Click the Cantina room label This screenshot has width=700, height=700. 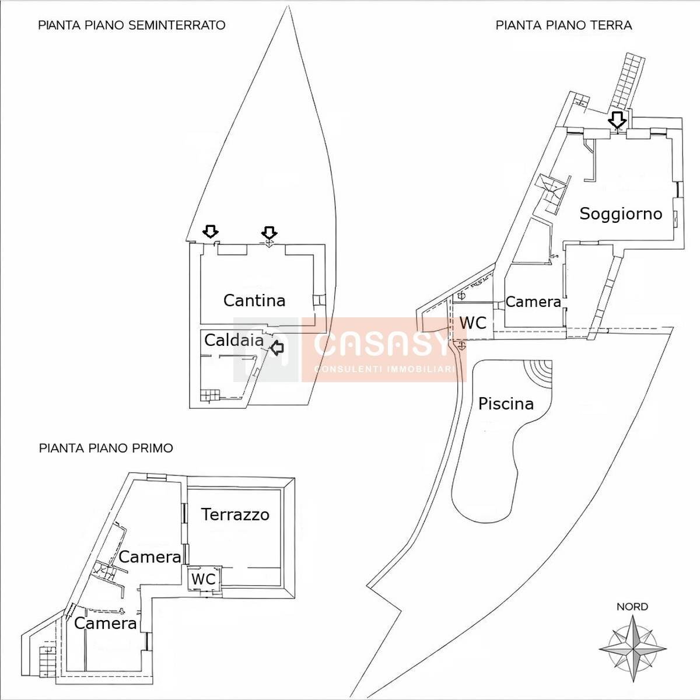click(254, 300)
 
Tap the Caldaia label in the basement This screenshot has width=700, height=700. click(234, 340)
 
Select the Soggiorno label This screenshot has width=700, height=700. click(621, 213)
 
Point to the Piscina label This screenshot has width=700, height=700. click(506, 404)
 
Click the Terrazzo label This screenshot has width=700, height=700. click(236, 514)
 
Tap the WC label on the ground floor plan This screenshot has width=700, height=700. click(473, 323)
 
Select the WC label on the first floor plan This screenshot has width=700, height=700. click(204, 579)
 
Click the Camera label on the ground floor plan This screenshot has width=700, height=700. click(533, 302)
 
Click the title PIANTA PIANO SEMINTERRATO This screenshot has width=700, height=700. click(132, 26)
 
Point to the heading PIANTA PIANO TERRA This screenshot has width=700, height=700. click(563, 26)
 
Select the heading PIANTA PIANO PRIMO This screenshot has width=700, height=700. click(106, 448)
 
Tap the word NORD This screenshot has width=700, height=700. click(632, 607)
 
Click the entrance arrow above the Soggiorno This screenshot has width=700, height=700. click(617, 120)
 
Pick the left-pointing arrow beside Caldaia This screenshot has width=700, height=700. click(277, 348)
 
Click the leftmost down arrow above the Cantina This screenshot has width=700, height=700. click(211, 231)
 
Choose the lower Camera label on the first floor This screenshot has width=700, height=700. click(106, 624)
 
